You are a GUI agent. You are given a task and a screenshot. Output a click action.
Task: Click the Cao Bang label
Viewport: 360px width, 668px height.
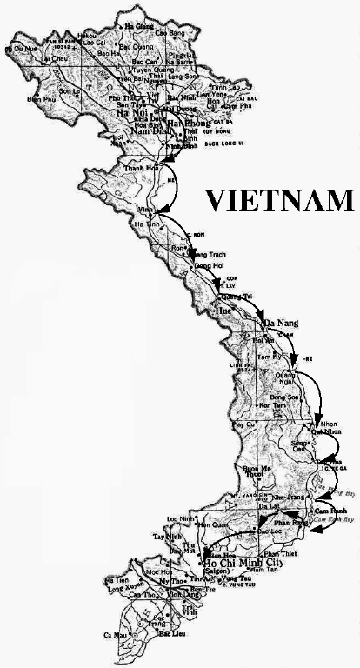point(170,32)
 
